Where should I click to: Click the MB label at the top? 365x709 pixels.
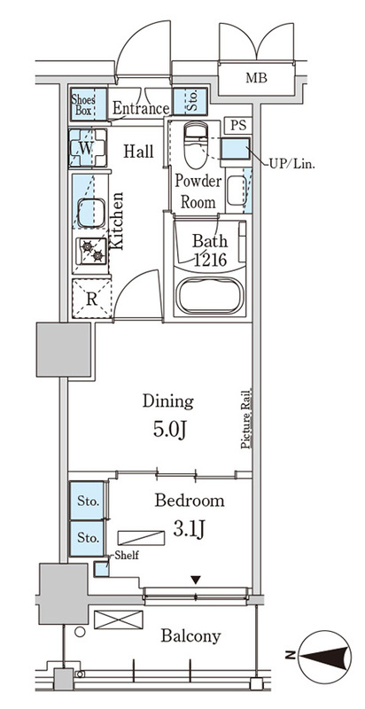pos(256,78)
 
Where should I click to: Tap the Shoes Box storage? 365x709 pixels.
pos(89,104)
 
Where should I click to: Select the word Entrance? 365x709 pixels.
pos(141,108)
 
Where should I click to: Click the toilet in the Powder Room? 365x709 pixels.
pos(196,144)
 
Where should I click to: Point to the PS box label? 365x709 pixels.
pos(238,126)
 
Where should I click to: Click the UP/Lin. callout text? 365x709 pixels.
pos(292,164)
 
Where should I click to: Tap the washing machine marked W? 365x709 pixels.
pos(88,148)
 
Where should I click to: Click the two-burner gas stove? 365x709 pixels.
pos(92,252)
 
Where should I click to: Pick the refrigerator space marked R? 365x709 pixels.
pos(92,299)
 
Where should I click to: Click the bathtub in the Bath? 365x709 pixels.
pos(210,296)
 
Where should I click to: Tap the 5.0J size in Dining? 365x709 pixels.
pos(169,430)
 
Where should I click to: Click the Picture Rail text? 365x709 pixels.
pos(246,418)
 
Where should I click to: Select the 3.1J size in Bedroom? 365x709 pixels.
pos(189,527)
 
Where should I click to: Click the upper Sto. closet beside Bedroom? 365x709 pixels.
pos(87,501)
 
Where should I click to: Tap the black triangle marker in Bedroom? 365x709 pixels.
pos(195,580)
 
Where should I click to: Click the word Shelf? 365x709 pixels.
pos(127,556)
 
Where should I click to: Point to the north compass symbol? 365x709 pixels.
pos(325,657)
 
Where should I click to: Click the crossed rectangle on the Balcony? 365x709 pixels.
pos(119,619)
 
